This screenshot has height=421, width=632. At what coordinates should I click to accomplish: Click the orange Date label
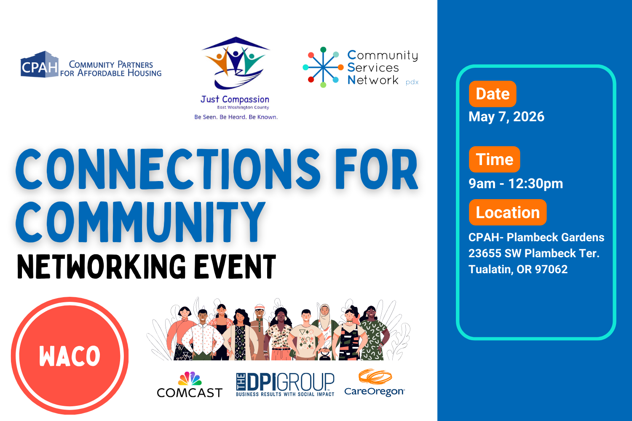pyautogui.click(x=493, y=93)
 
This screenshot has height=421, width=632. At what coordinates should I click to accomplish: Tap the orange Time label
pyautogui.click(x=494, y=159)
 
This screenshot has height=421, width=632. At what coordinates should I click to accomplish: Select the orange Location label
pyautogui.click(x=507, y=212)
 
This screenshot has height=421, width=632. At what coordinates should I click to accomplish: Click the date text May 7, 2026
pyautogui.click(x=506, y=117)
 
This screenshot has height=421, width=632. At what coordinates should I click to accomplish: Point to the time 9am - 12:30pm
pyautogui.click(x=516, y=184)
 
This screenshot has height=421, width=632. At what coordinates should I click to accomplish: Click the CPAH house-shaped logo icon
pyautogui.click(x=40, y=65)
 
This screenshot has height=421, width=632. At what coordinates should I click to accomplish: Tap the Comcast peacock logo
pyautogui.click(x=190, y=378)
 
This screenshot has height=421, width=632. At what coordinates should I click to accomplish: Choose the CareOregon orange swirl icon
pyautogui.click(x=375, y=377)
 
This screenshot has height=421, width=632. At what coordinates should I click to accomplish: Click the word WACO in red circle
pyautogui.click(x=70, y=356)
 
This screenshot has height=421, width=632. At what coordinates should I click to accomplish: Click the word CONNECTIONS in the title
pyautogui.click(x=168, y=169)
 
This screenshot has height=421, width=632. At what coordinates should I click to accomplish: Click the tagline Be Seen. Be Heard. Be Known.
pyautogui.click(x=236, y=117)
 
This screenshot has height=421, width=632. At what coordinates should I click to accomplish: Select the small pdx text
pyautogui.click(x=412, y=82)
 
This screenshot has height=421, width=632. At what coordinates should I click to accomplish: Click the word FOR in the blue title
pyautogui.click(x=376, y=169)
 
